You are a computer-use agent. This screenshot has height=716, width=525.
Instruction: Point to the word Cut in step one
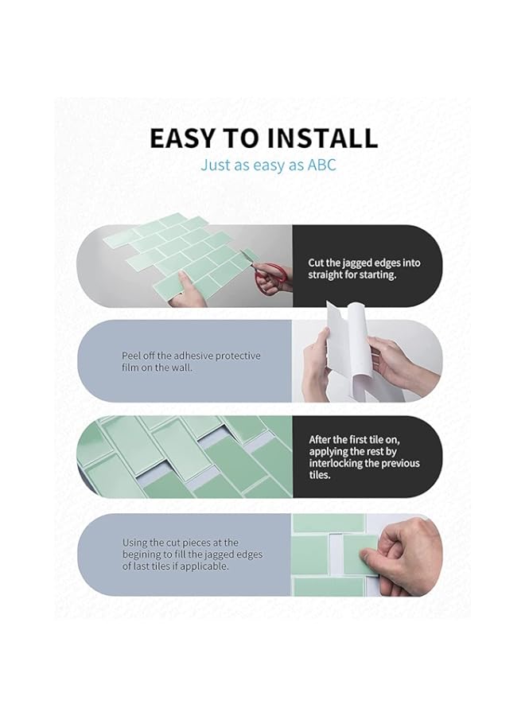coord(317,263)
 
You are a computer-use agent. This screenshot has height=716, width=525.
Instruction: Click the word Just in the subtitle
coord(216,165)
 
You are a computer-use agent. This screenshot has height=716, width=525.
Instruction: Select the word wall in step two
coord(177,368)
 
